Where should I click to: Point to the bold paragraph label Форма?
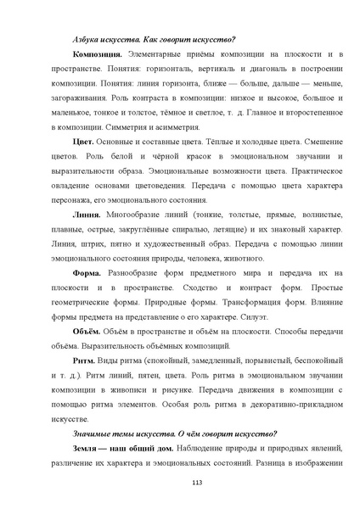pos(88,273)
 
